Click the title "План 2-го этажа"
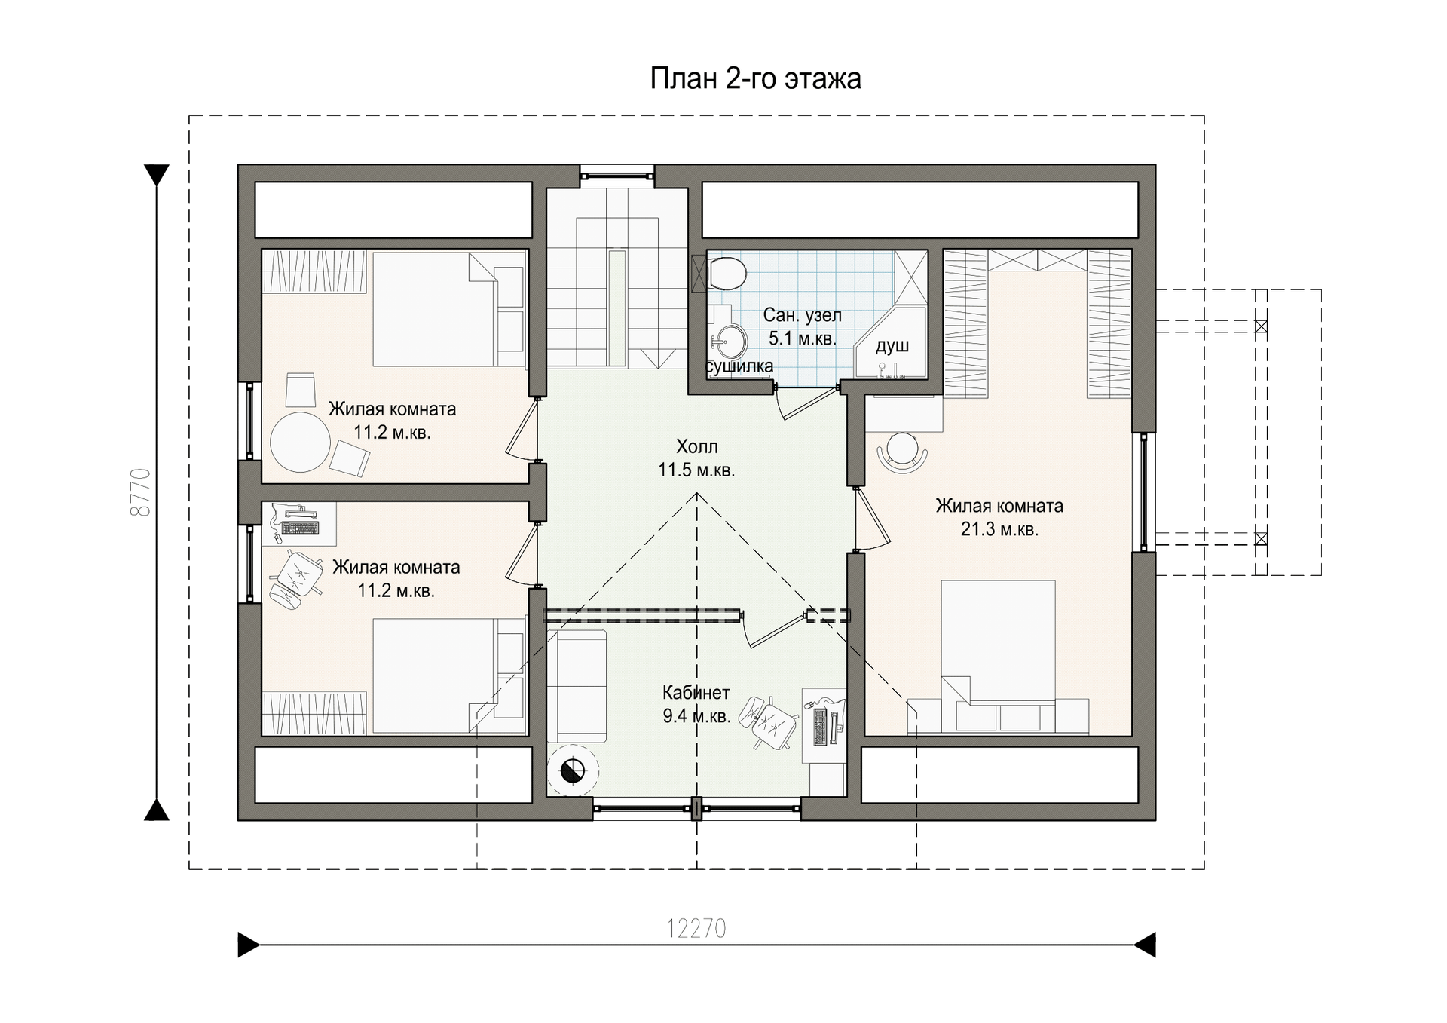(755, 78)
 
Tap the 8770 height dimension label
(141, 492)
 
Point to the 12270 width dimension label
(696, 929)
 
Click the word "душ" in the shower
(892, 346)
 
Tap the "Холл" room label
(696, 446)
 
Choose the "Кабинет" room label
(696, 693)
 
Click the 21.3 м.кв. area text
(999, 529)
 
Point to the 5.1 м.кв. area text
(802, 338)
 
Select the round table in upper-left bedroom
(300, 442)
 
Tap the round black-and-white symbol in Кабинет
(572, 770)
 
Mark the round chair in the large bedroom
(901, 452)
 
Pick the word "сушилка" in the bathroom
(739, 366)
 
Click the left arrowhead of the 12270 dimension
(249, 945)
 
